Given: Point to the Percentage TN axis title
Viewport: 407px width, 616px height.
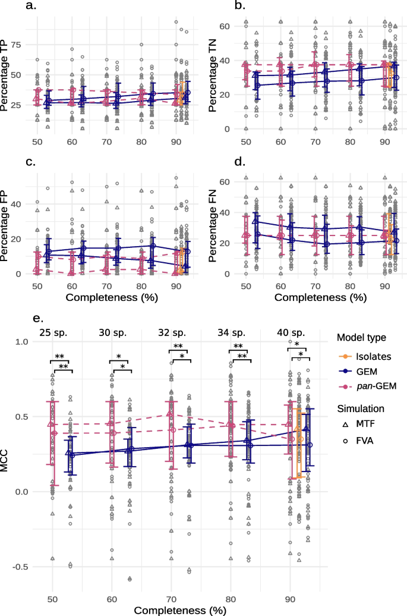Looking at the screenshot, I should click(x=204, y=75).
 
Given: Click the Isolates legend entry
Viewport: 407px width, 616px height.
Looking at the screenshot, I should click(x=366, y=357).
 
